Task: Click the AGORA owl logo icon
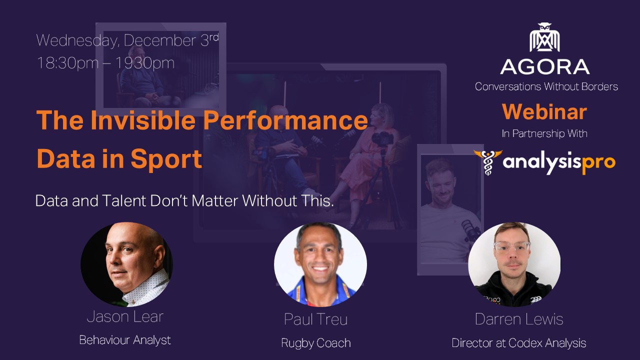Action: [544, 37]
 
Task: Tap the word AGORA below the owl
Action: [545, 67]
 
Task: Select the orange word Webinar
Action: [544, 111]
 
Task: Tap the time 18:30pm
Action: [67, 63]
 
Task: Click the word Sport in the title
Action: [166, 159]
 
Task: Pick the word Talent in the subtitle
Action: [124, 200]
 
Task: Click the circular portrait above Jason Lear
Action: [126, 264]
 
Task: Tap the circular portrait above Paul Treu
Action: [320, 264]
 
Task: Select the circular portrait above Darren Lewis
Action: [514, 264]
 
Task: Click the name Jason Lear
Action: [125, 316]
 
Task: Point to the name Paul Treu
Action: [315, 319]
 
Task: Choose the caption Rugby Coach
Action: [316, 343]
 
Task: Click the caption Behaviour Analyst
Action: [125, 340]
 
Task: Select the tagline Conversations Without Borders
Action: [546, 86]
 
